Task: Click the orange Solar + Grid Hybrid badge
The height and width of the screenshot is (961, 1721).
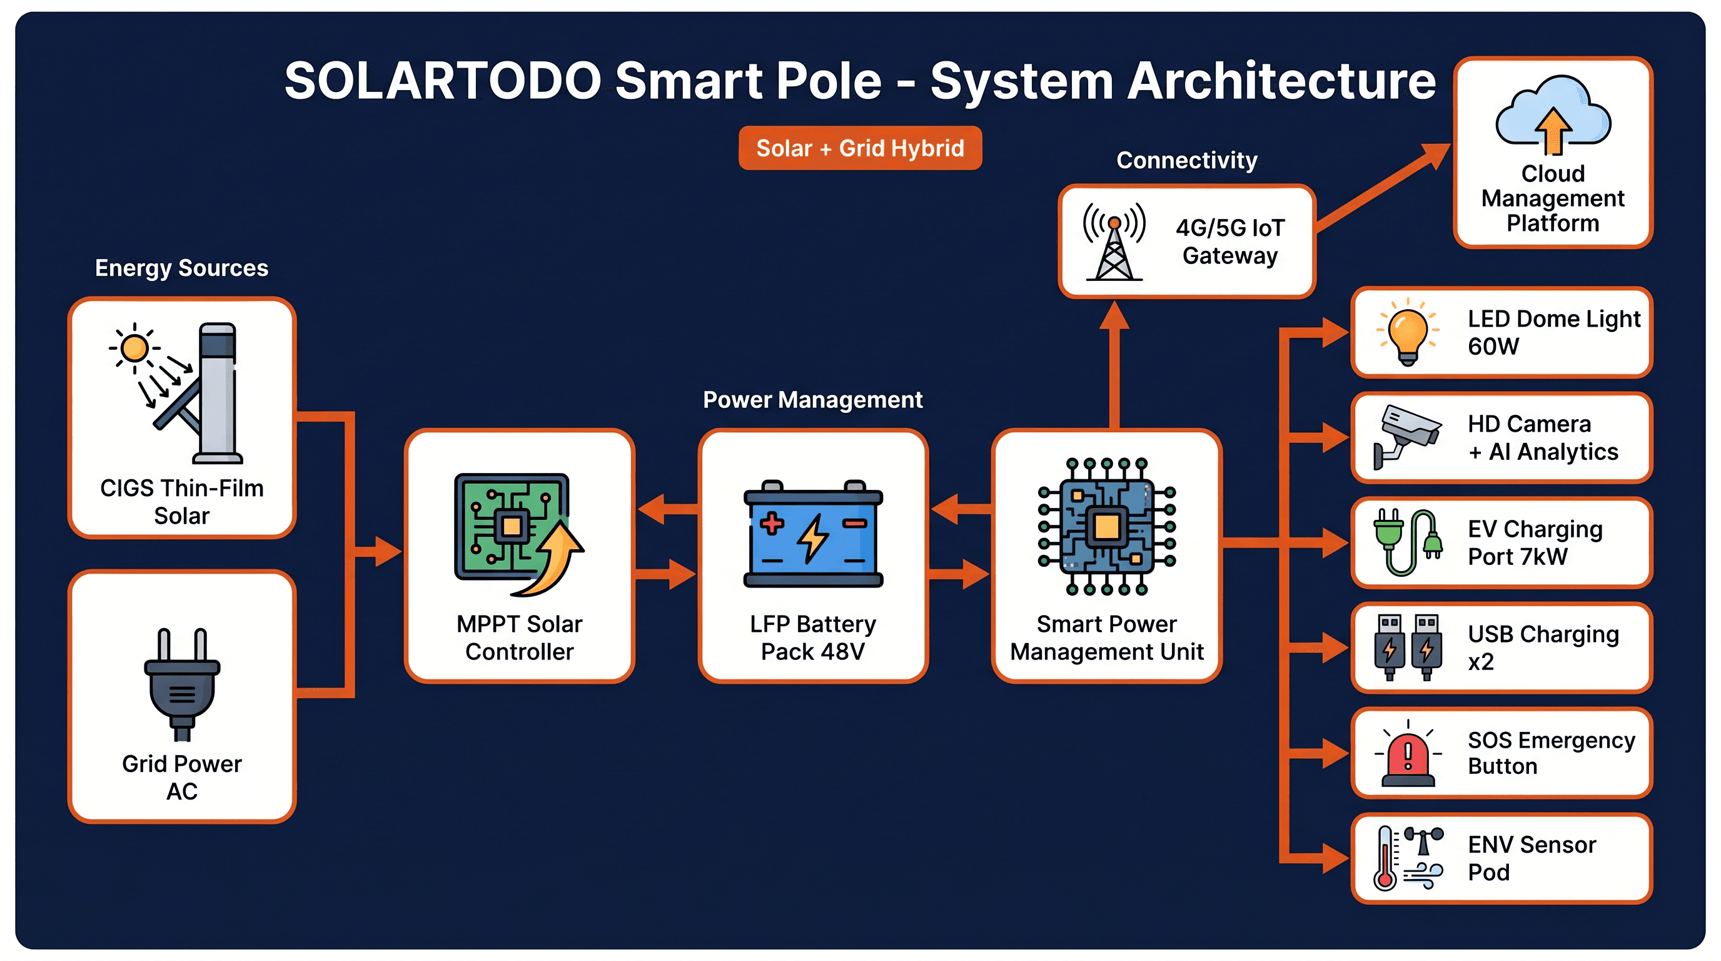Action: point(860,148)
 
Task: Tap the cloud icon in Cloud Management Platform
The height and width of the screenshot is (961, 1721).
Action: point(1553,114)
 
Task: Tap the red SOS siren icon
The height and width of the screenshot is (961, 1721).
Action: point(1408,756)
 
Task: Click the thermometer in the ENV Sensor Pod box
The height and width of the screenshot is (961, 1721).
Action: point(1385,860)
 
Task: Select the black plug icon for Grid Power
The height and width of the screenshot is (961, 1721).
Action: point(182,684)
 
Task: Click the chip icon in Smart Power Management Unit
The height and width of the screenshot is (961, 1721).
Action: point(1106,526)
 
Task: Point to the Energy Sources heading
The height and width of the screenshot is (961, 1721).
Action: point(181,268)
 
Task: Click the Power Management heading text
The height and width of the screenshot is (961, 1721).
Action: point(812,400)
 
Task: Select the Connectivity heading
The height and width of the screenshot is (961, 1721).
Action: point(1186,160)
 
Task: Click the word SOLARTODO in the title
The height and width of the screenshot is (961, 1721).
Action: point(443,81)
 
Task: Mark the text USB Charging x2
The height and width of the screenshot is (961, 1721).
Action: point(1543,647)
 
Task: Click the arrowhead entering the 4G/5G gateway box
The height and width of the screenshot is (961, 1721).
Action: point(1114,315)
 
